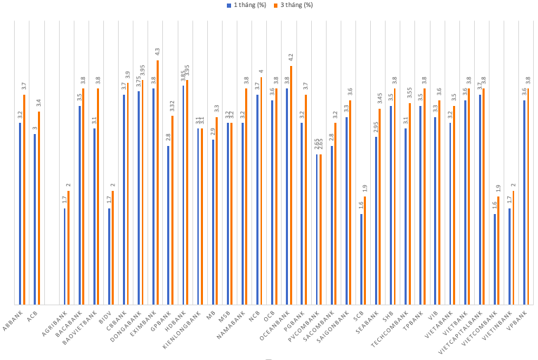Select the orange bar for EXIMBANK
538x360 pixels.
pos(157,182)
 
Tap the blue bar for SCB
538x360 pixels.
pos(361,259)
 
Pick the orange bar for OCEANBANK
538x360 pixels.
pos(291,185)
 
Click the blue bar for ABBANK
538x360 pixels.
pos(20,213)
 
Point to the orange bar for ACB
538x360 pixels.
pos(39,208)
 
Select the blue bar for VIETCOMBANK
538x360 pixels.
pos(494,259)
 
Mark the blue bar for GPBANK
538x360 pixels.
pos(168,225)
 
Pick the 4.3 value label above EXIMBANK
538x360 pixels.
pos(157,51)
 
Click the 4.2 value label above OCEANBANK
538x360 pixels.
pos(291,57)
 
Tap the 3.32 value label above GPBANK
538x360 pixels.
pos(172,107)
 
